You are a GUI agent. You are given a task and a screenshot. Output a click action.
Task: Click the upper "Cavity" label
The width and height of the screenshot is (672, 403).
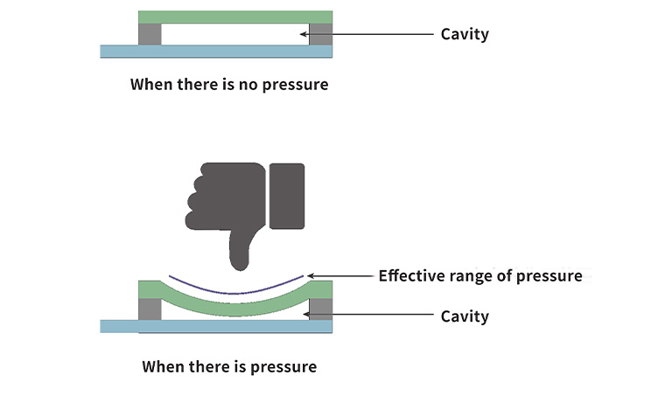coord(465,35)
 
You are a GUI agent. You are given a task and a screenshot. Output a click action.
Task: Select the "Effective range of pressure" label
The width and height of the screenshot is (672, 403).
coord(479,276)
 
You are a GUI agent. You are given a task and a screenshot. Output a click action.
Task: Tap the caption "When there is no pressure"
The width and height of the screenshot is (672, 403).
coord(229,86)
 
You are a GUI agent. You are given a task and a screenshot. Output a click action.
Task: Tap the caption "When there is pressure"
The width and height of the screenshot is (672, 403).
coord(229,367)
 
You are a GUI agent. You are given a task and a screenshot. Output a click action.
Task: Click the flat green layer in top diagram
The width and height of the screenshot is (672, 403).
coord(234,17)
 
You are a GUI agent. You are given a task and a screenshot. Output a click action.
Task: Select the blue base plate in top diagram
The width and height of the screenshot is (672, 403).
coord(216,52)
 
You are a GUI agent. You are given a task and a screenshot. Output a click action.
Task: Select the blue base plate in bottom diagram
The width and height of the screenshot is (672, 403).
coord(216,326)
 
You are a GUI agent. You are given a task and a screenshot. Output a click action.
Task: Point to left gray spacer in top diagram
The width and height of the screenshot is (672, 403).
coord(150,34)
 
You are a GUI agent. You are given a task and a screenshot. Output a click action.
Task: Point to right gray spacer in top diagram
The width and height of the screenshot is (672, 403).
coord(321,34)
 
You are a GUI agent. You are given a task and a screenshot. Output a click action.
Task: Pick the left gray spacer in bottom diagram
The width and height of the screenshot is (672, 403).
coord(150,309)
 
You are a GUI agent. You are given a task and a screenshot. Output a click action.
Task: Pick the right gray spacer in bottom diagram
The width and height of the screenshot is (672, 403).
coord(321,309)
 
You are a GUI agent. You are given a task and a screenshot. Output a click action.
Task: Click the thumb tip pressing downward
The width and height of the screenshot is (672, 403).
coord(239,259)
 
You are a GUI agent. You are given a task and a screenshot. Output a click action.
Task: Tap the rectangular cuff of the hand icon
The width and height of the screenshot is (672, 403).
coord(287,196)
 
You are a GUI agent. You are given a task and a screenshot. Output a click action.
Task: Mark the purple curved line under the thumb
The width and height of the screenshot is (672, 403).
coord(234,292)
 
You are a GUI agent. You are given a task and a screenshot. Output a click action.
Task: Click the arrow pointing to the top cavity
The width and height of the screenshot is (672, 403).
coord(367,35)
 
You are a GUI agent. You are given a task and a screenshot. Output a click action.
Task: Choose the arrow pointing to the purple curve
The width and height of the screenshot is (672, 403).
coord(341,276)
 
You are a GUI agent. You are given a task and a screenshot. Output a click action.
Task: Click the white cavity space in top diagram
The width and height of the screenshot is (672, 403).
coord(234,34)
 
